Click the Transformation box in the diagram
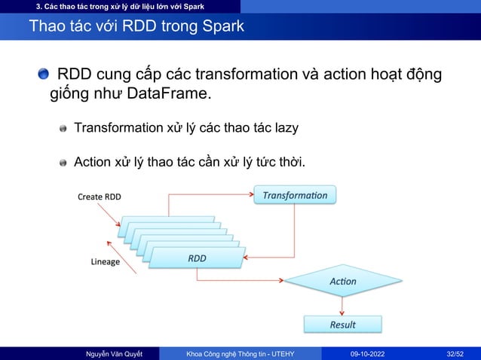coord(295,195)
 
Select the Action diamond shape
coord(343,281)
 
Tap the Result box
coord(342,325)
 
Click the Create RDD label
coord(100,197)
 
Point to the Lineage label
coord(106,262)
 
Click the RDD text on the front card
coord(197,258)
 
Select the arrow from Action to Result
coord(343,306)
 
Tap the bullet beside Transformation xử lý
coord(64,129)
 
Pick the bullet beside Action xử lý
coord(64,163)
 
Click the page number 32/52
coord(455,352)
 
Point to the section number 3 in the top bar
coord(28,7)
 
